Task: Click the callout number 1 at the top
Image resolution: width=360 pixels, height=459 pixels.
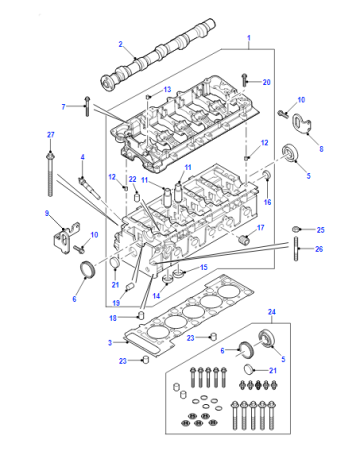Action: point(249,38)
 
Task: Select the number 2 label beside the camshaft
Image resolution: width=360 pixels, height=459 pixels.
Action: point(121,44)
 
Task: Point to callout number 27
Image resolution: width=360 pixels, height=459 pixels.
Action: point(50,135)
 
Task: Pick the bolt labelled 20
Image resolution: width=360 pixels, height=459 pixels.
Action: point(245,80)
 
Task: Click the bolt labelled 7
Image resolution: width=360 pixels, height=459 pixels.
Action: point(87,106)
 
